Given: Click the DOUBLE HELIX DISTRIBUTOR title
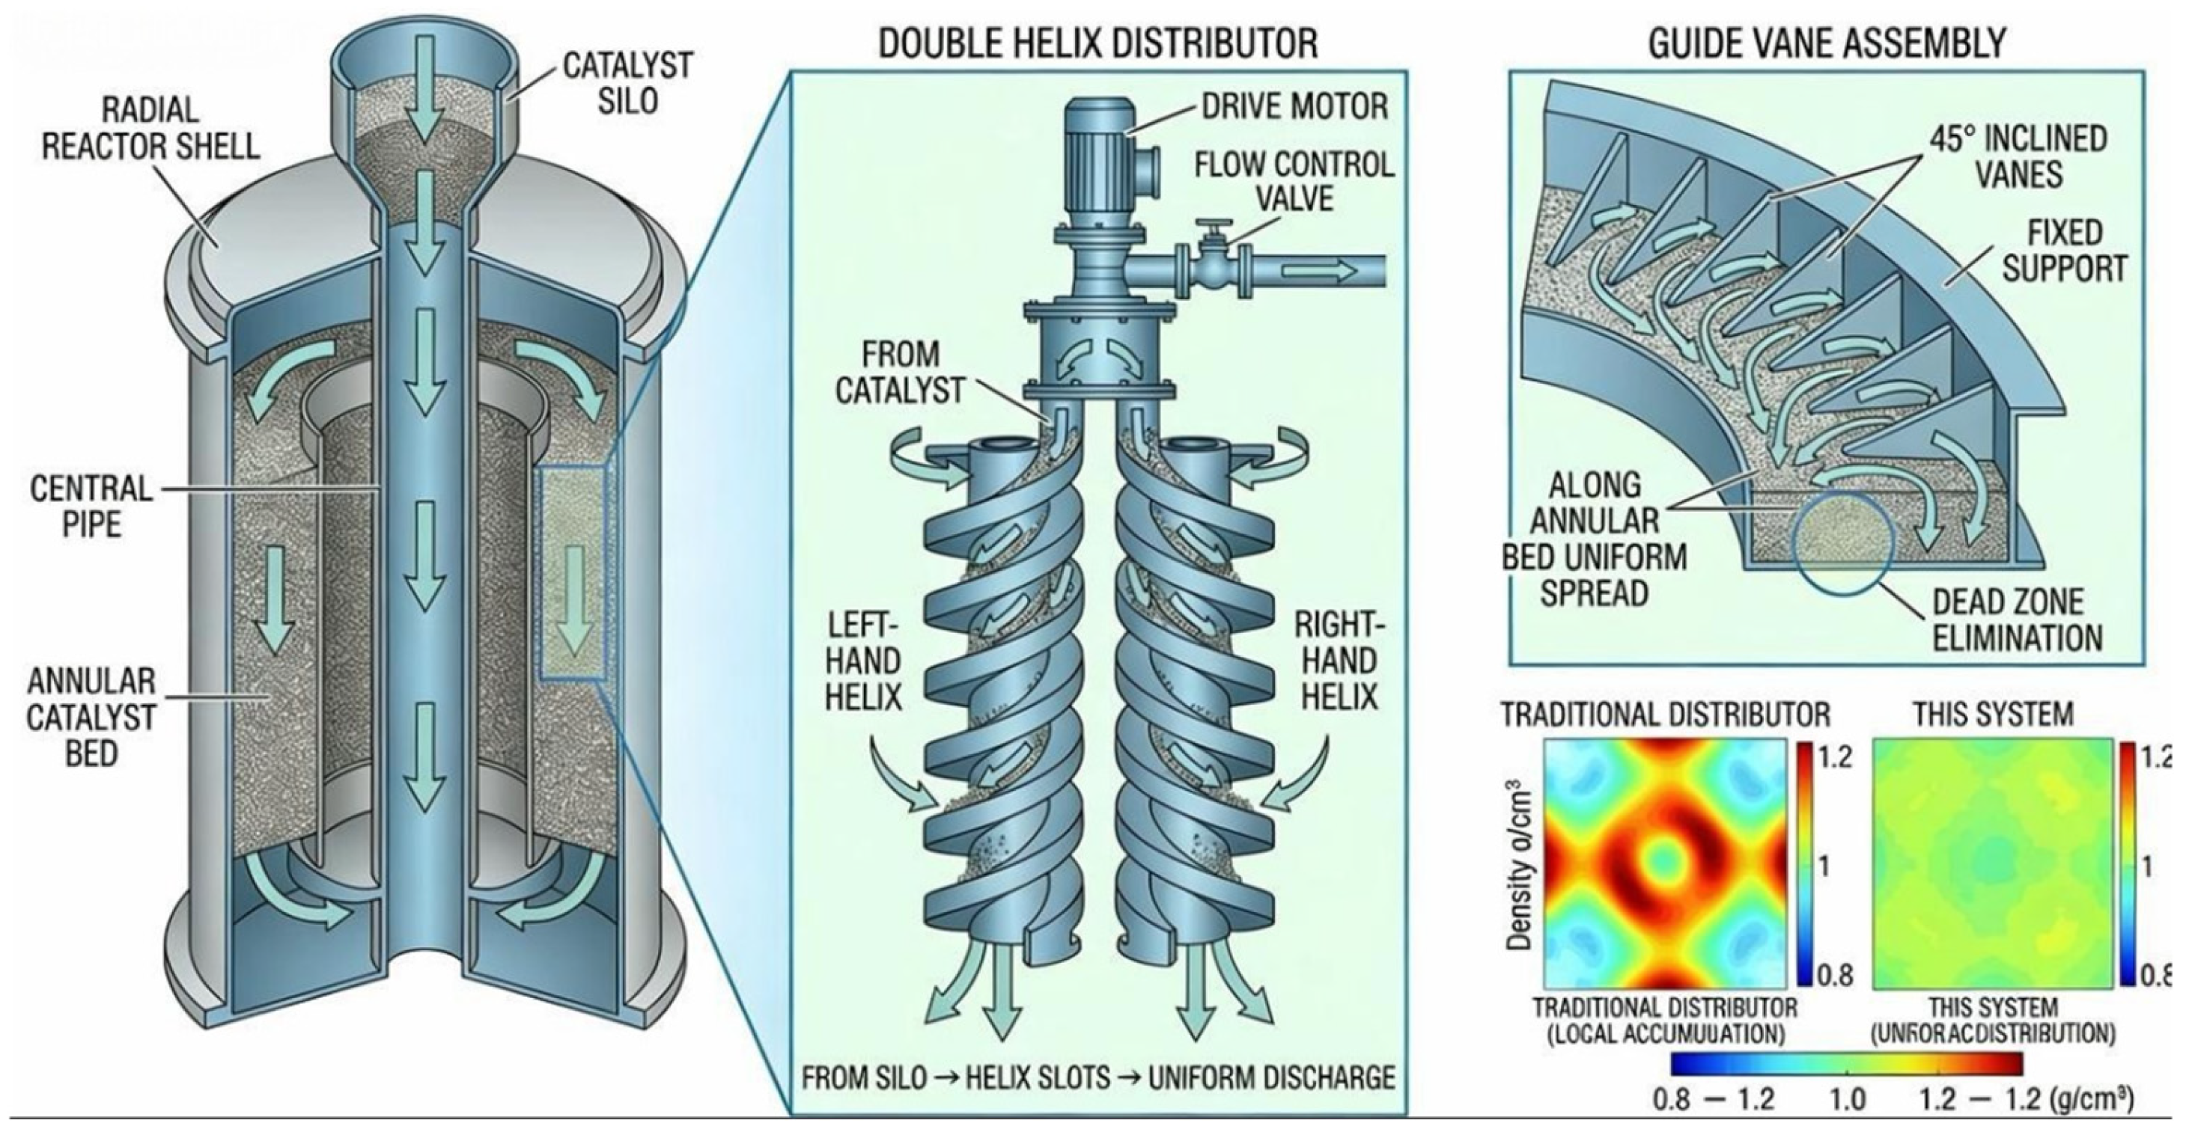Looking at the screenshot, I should (1097, 43).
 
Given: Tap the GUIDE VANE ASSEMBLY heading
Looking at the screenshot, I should (1826, 43).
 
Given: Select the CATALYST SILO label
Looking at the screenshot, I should (627, 83).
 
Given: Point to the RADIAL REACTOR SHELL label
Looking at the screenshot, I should (150, 128).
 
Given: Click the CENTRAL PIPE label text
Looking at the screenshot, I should (91, 507).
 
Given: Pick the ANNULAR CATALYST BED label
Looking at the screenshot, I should (91, 716).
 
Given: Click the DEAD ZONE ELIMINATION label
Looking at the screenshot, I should (2016, 619).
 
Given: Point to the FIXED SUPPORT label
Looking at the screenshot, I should (2076, 250).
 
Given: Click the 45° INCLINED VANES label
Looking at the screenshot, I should (2018, 156).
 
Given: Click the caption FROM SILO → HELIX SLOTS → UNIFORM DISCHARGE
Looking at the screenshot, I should (1098, 1077).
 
